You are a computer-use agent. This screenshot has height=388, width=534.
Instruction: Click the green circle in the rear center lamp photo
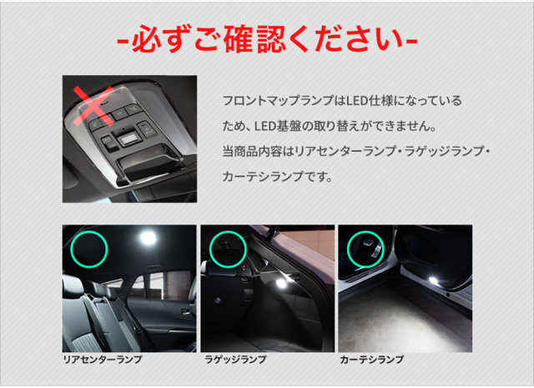[89, 248]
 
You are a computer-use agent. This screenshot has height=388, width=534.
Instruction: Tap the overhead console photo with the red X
[130, 138]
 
